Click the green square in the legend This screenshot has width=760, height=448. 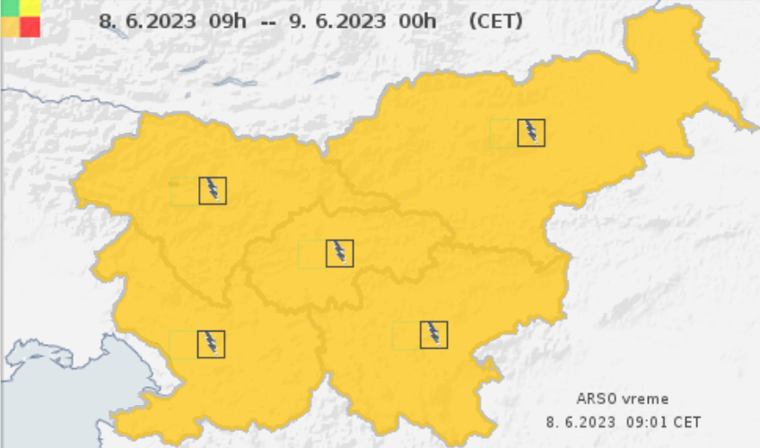point(11,8)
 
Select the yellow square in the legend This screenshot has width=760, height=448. point(31,8)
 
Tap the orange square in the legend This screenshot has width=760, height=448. point(11,27)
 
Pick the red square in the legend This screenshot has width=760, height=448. point(31,27)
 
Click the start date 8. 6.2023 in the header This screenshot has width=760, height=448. point(148,21)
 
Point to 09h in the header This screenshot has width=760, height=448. point(225,21)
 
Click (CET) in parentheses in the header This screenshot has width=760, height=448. point(495,21)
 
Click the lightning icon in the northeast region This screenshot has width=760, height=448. point(531,133)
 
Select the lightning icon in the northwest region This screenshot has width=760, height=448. point(213,191)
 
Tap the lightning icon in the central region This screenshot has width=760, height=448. point(340,254)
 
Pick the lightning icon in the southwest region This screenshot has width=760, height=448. point(211,344)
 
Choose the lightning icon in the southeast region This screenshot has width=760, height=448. point(434,335)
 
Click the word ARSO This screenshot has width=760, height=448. point(597,400)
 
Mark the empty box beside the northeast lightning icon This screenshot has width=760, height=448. point(503,133)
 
